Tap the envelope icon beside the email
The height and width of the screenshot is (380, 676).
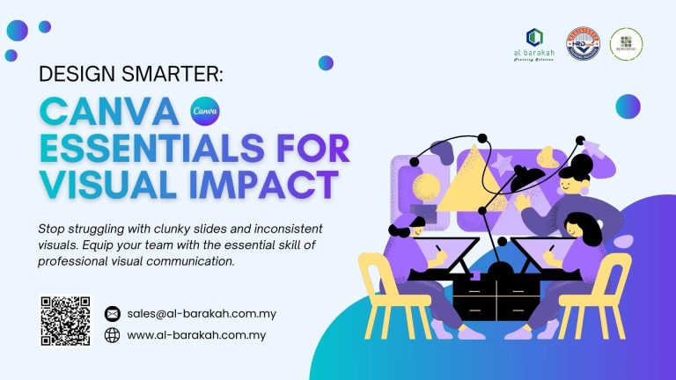point(112,313)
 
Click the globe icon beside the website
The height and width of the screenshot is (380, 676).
point(112,335)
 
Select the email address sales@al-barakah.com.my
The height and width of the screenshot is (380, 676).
point(197,313)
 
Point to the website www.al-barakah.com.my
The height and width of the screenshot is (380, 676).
point(196,335)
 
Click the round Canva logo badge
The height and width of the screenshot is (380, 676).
point(204,113)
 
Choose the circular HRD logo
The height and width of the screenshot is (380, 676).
point(583,42)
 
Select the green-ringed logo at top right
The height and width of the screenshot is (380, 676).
point(626,42)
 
